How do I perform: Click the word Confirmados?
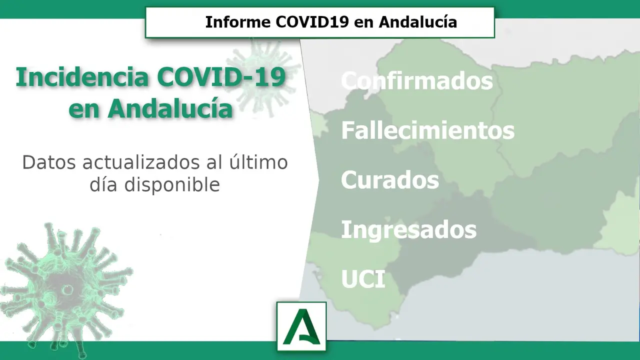coord(417,80)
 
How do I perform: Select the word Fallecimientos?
coord(427,130)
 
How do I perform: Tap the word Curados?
coord(390,179)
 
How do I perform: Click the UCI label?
coord(363,279)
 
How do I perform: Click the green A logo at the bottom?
coord(301,326)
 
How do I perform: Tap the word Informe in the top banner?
coord(238,22)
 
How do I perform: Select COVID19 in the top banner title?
coord(312,22)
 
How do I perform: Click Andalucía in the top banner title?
coord(418,22)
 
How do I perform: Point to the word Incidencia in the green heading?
coord(82,77)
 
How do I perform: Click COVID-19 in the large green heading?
coord(221,77)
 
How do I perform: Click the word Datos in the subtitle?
coord(49,162)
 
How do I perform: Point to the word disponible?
coord(172,185)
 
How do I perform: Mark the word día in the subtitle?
coord(103,184)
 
